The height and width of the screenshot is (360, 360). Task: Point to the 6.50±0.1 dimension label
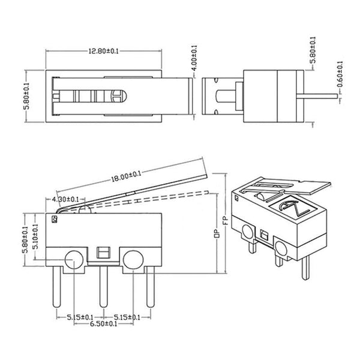tap(103, 325)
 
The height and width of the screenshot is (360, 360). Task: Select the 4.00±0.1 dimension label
tap(194, 58)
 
